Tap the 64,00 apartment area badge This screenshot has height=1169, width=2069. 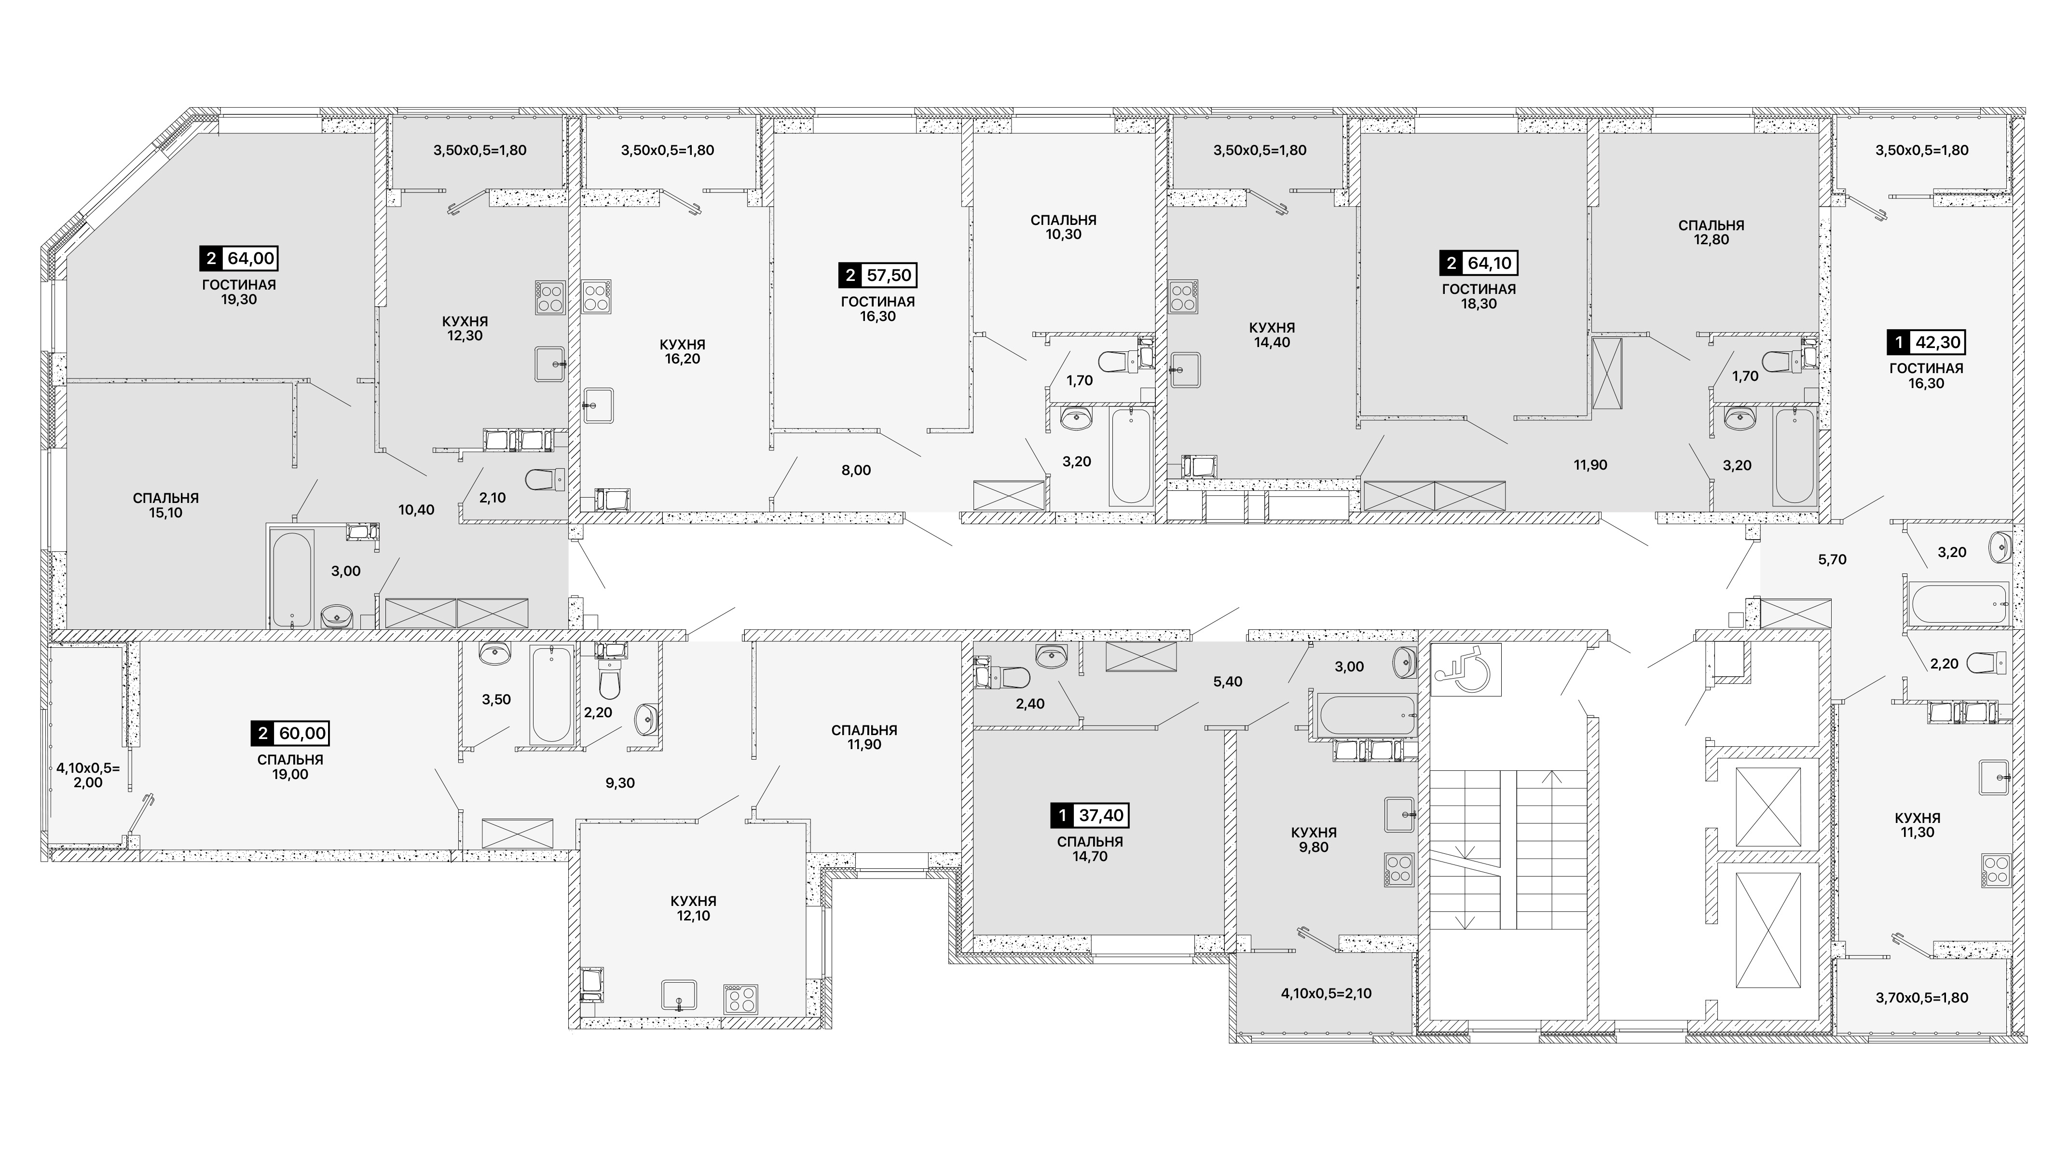[x=239, y=258]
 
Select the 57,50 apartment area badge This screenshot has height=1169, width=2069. [x=878, y=275]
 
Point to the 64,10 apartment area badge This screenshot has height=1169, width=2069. [x=1479, y=263]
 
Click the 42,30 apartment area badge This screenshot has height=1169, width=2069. [x=1926, y=342]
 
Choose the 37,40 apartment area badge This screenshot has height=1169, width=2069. [x=1090, y=816]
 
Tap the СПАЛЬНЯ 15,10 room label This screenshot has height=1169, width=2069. [x=165, y=505]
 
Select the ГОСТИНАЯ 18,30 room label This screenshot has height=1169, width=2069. [x=1479, y=296]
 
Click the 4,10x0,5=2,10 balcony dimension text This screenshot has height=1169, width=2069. [x=1326, y=993]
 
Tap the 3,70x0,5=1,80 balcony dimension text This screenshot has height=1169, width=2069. [x=1922, y=998]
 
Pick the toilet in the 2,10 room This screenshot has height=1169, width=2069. [x=546, y=480]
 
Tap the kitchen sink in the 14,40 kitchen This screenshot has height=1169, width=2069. [x=1186, y=370]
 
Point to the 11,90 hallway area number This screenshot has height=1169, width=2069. [x=1590, y=465]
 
